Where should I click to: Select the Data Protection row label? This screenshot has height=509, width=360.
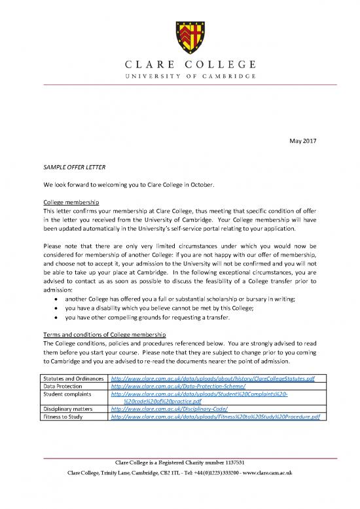(x=64, y=388)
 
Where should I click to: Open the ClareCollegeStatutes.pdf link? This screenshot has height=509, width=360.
(x=213, y=379)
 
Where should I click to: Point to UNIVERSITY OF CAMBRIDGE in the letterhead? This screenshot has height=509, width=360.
(x=179, y=76)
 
